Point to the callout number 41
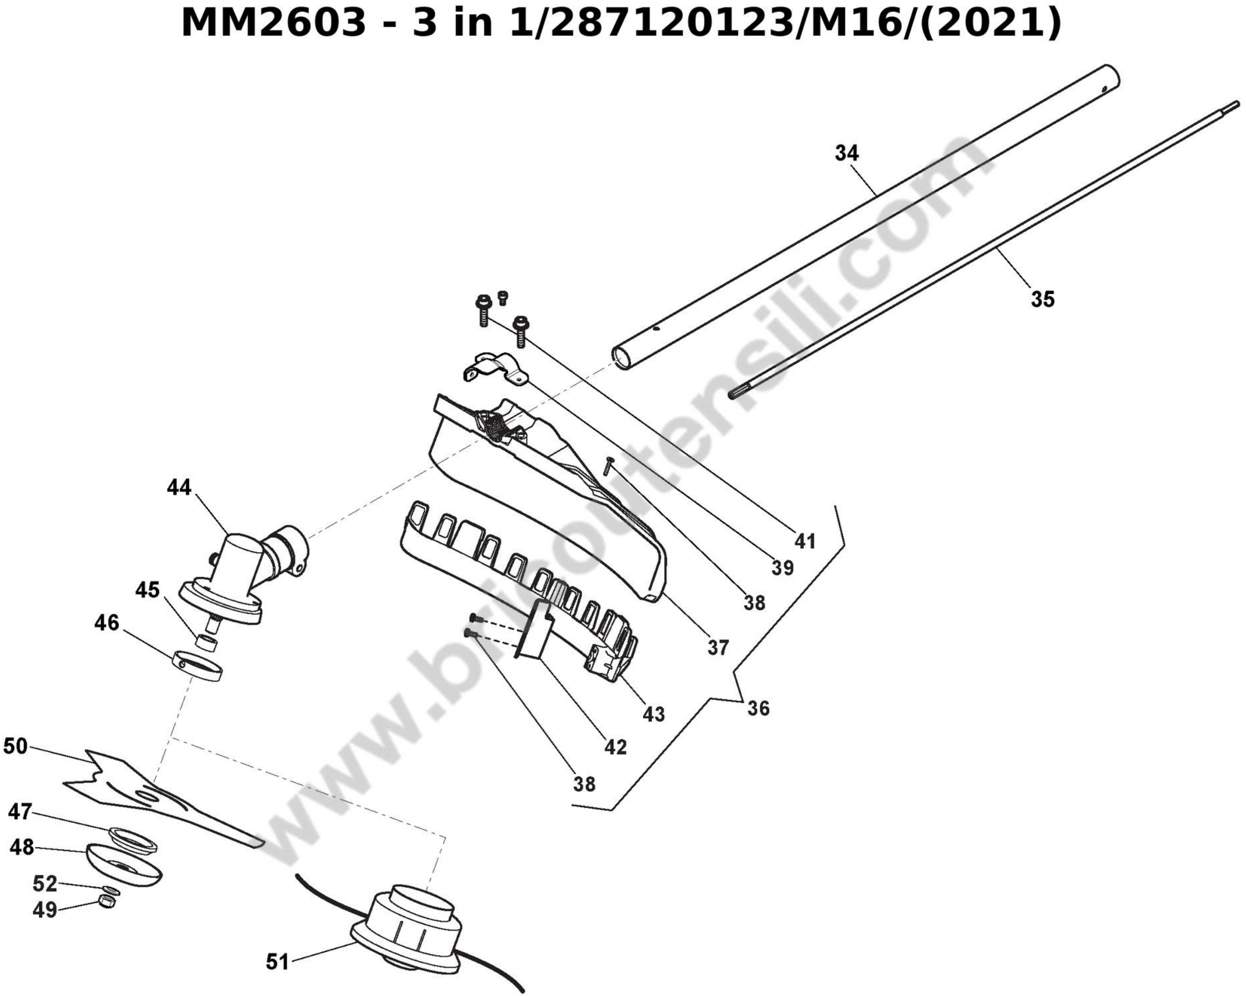[x=805, y=541]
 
